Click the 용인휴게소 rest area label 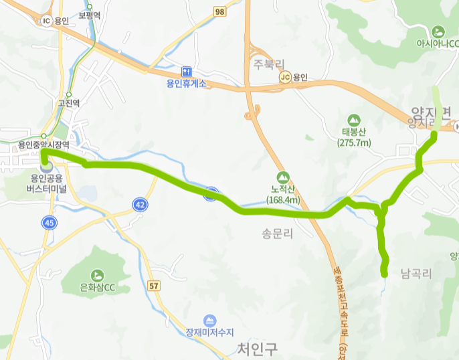[187, 84]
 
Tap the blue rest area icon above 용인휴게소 [187, 72]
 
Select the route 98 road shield [219, 11]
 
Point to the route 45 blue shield [48, 222]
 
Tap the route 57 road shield [155, 286]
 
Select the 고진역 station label [68, 103]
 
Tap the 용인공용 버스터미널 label [46, 183]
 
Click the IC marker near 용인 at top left [46, 20]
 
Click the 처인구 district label [257, 348]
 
